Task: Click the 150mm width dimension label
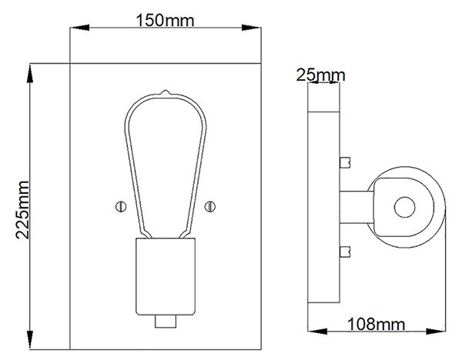(x=165, y=21)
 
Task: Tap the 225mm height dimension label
(x=22, y=210)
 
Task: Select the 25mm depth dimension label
(x=320, y=75)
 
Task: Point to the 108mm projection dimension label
(x=377, y=325)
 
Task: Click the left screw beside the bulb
(x=121, y=207)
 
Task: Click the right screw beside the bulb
(x=209, y=207)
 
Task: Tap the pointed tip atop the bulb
(x=166, y=92)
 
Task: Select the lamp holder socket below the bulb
(x=166, y=277)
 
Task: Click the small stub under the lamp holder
(x=166, y=321)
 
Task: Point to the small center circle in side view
(x=404, y=207)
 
